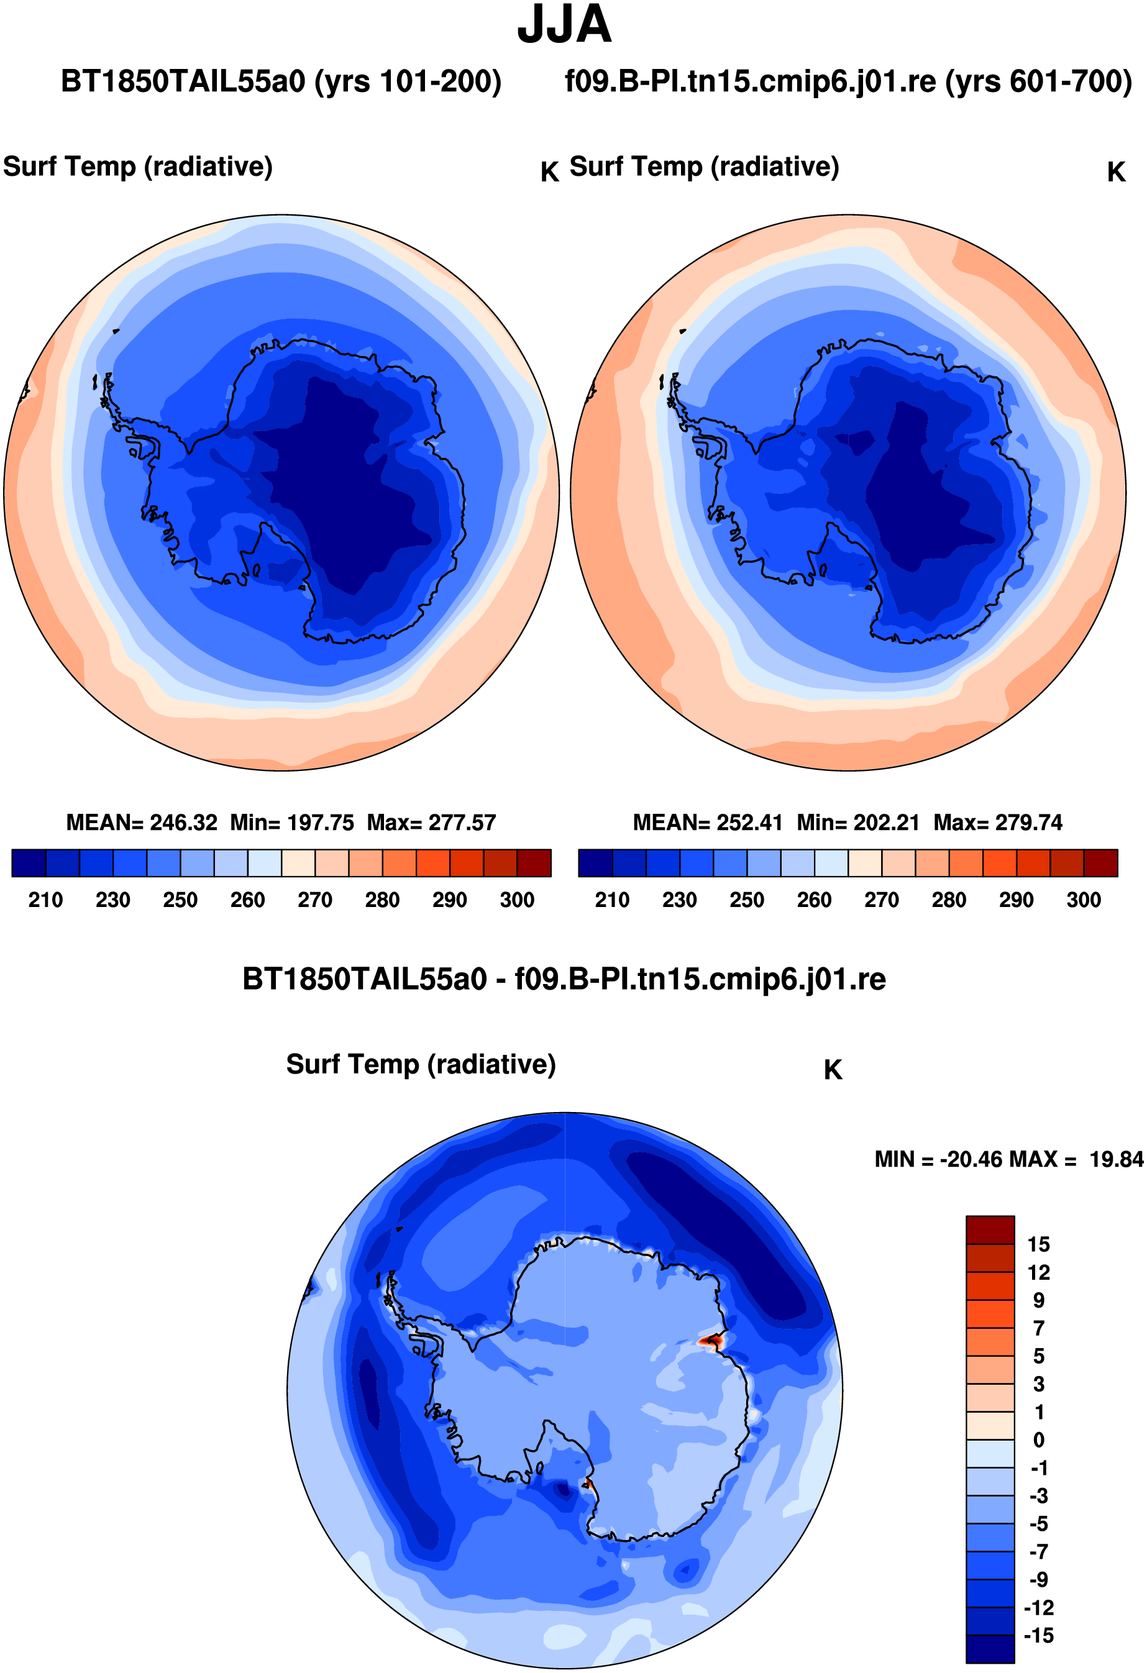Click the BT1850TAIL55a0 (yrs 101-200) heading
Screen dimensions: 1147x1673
pyautogui.click(x=281, y=81)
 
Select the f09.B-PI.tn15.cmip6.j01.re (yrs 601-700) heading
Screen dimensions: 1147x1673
pyautogui.click(x=848, y=81)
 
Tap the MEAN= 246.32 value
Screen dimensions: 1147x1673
pyautogui.click(x=142, y=823)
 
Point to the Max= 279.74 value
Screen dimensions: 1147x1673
pyautogui.click(x=998, y=823)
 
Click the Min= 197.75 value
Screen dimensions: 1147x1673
pyautogui.click(x=292, y=823)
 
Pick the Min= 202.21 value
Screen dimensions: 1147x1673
pyautogui.click(x=858, y=823)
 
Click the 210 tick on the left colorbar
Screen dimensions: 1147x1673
pyautogui.click(x=45, y=900)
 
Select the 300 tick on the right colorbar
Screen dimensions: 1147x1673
pyautogui.click(x=1084, y=900)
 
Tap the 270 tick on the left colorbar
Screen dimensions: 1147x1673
pyautogui.click(x=314, y=900)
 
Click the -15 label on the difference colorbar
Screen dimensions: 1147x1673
pyautogui.click(x=1038, y=1636)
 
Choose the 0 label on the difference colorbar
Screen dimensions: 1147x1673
pyautogui.click(x=1038, y=1440)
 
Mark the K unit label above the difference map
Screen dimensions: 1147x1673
pyautogui.click(x=833, y=1070)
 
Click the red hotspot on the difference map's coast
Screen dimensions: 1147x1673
pyautogui.click(x=713, y=1341)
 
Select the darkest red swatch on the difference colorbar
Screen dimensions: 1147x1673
pyautogui.click(x=990, y=1229)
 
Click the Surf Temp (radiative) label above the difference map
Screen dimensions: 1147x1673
pyautogui.click(x=421, y=1064)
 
